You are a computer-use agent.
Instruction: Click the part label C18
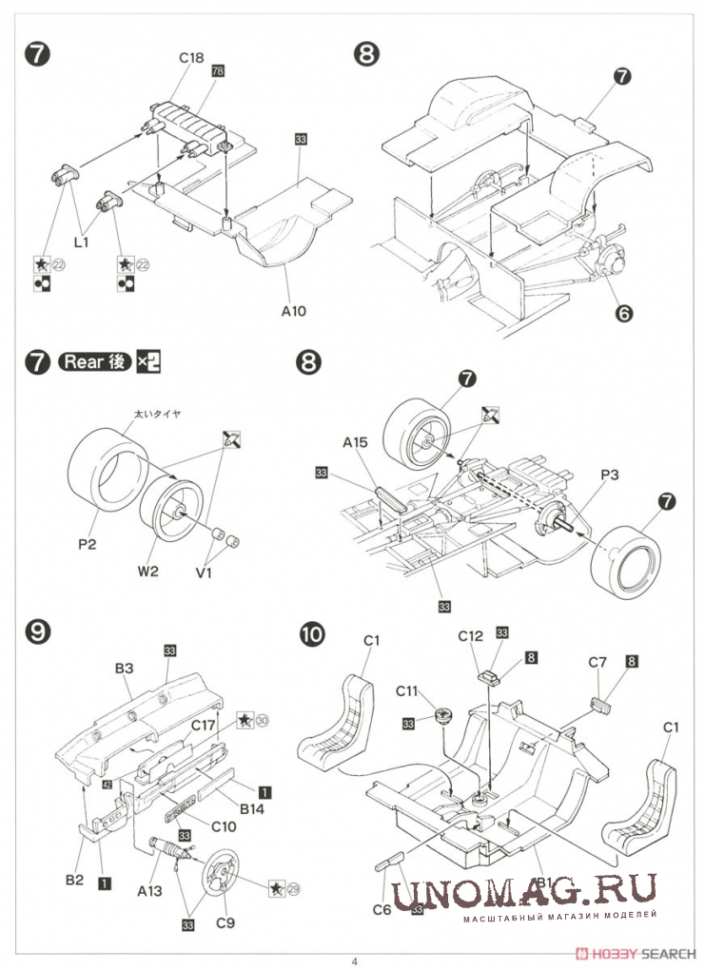191,58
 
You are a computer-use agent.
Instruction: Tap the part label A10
293,310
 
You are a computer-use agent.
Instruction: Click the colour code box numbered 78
218,71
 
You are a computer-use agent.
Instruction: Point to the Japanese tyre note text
156,414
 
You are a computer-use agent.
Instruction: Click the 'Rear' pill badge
94,362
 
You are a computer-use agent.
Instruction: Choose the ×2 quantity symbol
149,362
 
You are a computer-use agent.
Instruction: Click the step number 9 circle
36,631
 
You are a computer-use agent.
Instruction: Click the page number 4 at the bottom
354,960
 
